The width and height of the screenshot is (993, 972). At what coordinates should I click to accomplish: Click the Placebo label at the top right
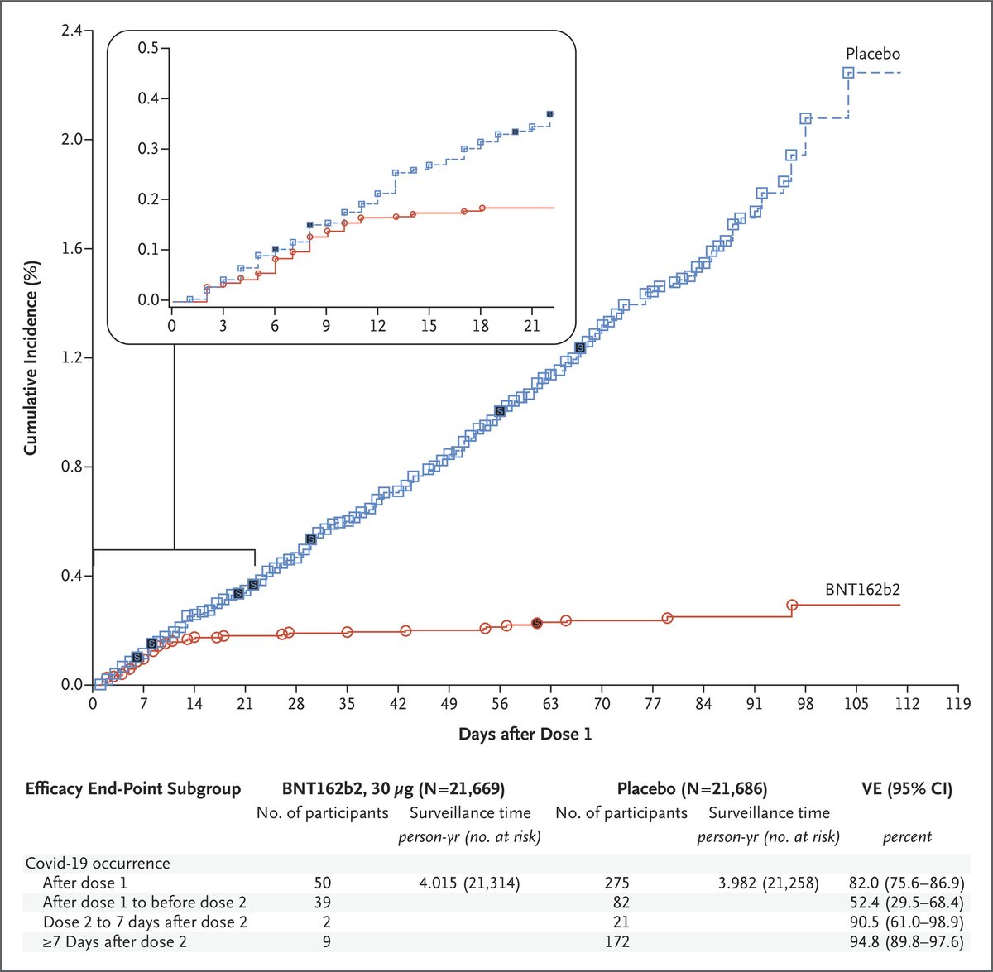(x=872, y=54)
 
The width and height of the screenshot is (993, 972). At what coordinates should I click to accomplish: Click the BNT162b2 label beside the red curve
(x=861, y=590)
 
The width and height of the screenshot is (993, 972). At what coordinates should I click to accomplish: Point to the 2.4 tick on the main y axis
(x=71, y=31)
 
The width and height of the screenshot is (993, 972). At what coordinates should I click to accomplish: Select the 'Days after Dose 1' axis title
(x=525, y=734)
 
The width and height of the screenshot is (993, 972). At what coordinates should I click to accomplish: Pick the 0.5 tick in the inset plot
(x=148, y=48)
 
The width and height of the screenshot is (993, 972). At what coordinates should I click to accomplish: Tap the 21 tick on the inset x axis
(x=531, y=325)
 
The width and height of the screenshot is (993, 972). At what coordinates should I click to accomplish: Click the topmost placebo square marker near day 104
(x=848, y=73)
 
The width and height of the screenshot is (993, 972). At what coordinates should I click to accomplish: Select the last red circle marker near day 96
(x=792, y=605)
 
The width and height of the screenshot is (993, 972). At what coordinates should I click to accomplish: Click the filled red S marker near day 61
(x=536, y=623)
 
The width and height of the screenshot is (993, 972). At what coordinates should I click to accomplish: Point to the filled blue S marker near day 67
(x=580, y=348)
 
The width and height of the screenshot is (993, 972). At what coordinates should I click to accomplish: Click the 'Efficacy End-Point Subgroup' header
(x=133, y=789)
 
